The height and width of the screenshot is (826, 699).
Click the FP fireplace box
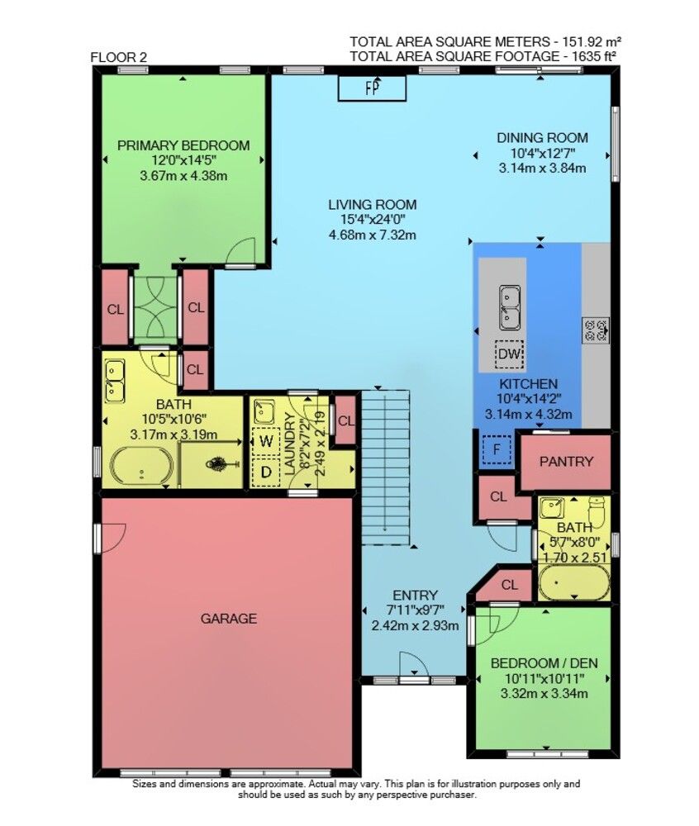click(372, 88)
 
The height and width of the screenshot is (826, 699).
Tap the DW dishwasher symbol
click(509, 354)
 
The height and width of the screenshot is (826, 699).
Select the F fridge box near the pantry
click(497, 450)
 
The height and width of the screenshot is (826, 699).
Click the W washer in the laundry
click(266, 440)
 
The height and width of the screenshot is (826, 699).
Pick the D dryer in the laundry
click(266, 472)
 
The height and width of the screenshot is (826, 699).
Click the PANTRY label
click(566, 462)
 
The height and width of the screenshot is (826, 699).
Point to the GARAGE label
click(229, 618)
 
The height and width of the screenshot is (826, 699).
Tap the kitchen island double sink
click(509, 307)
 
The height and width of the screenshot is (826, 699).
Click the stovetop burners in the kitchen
click(596, 330)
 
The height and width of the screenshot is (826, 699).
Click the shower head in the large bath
click(222, 463)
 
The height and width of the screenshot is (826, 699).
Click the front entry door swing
click(413, 664)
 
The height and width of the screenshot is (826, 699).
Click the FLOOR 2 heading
click(119, 58)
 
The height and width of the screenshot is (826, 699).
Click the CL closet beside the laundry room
click(346, 421)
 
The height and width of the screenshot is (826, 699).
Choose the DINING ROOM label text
click(543, 138)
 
